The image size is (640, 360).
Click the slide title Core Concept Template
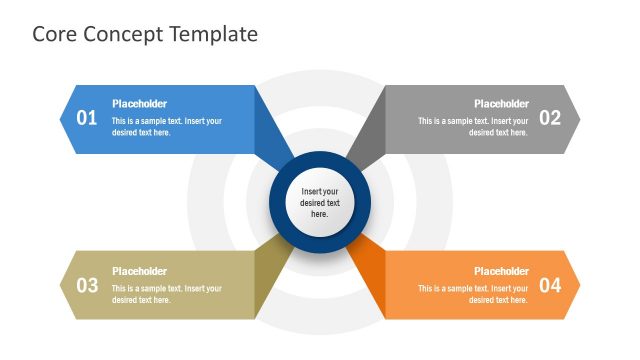(x=145, y=34)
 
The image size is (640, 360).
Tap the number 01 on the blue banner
(x=87, y=118)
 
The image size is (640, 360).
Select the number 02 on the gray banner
(x=550, y=118)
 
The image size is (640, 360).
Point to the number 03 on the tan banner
(x=87, y=285)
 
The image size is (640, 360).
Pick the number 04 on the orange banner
(x=550, y=285)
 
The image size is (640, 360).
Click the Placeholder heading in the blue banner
(x=139, y=104)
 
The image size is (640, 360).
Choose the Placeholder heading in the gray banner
(x=501, y=104)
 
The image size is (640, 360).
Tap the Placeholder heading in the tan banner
(x=139, y=271)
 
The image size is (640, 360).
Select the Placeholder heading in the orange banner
(x=501, y=271)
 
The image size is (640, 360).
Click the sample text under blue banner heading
(x=166, y=127)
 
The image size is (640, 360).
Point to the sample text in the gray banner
(x=473, y=127)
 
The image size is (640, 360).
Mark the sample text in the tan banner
(x=166, y=294)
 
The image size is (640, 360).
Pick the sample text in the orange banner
(x=473, y=294)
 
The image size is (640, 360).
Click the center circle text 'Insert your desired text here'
(x=320, y=202)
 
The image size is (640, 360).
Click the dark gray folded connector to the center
(x=366, y=134)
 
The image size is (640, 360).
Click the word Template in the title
(x=214, y=34)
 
